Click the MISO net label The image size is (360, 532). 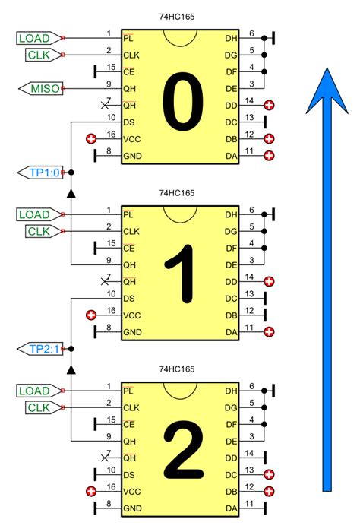[43, 89]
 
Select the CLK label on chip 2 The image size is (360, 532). [37, 408]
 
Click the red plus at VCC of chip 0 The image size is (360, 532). [91, 139]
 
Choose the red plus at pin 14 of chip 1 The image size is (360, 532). [268, 281]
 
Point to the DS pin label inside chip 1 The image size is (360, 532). [130, 298]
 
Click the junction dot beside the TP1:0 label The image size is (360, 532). [70, 173]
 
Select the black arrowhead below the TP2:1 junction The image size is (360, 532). [70, 369]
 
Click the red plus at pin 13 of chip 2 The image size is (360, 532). [268, 474]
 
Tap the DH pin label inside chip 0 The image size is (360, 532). [231, 39]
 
